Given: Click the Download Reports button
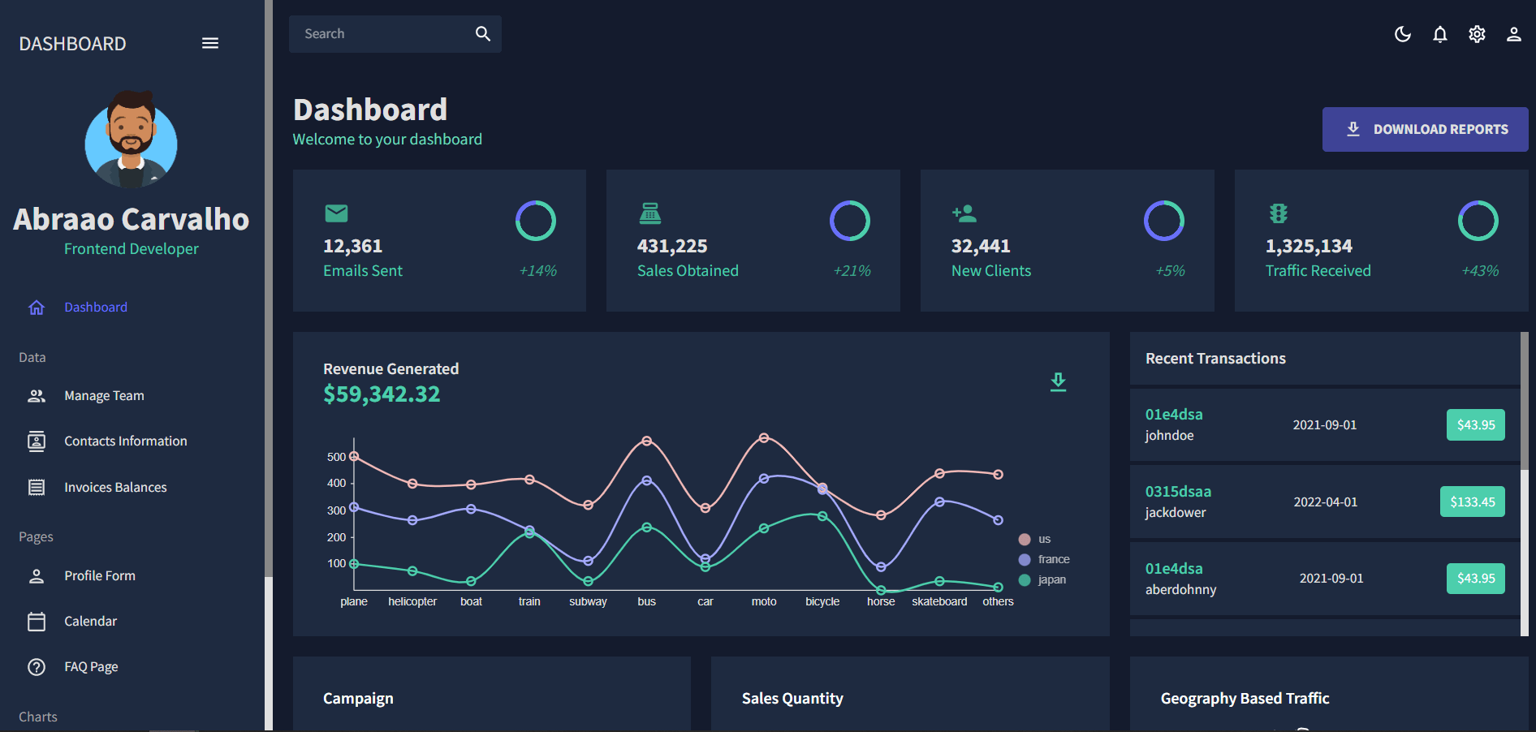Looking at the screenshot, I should tap(1425, 129).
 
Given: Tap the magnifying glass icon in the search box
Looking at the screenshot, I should tap(483, 34).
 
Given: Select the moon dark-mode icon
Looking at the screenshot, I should tap(1402, 34).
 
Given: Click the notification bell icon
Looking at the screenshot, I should tap(1439, 34).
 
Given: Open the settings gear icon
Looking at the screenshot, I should tap(1477, 34).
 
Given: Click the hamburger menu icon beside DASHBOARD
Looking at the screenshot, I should tap(210, 43).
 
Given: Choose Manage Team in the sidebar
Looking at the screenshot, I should tap(104, 396).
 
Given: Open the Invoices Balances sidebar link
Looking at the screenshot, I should tap(115, 487).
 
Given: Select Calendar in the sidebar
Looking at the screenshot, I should tap(90, 621).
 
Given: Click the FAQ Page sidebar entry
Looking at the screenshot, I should tap(91, 667).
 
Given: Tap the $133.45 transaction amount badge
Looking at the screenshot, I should tap(1472, 502).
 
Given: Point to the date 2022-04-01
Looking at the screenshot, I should tap(1325, 502).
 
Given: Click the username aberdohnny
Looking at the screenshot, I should tap(1180, 590).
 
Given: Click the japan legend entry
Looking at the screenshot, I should tap(1051, 579).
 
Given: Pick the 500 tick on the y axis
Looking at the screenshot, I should tap(336, 457).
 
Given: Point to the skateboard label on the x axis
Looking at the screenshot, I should tap(939, 601).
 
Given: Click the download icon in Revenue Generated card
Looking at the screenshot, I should tap(1058, 381).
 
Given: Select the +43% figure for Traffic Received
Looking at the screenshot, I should tap(1480, 271).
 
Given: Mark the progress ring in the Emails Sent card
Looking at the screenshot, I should tap(536, 221).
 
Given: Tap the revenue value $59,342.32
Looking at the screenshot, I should tap(382, 394).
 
